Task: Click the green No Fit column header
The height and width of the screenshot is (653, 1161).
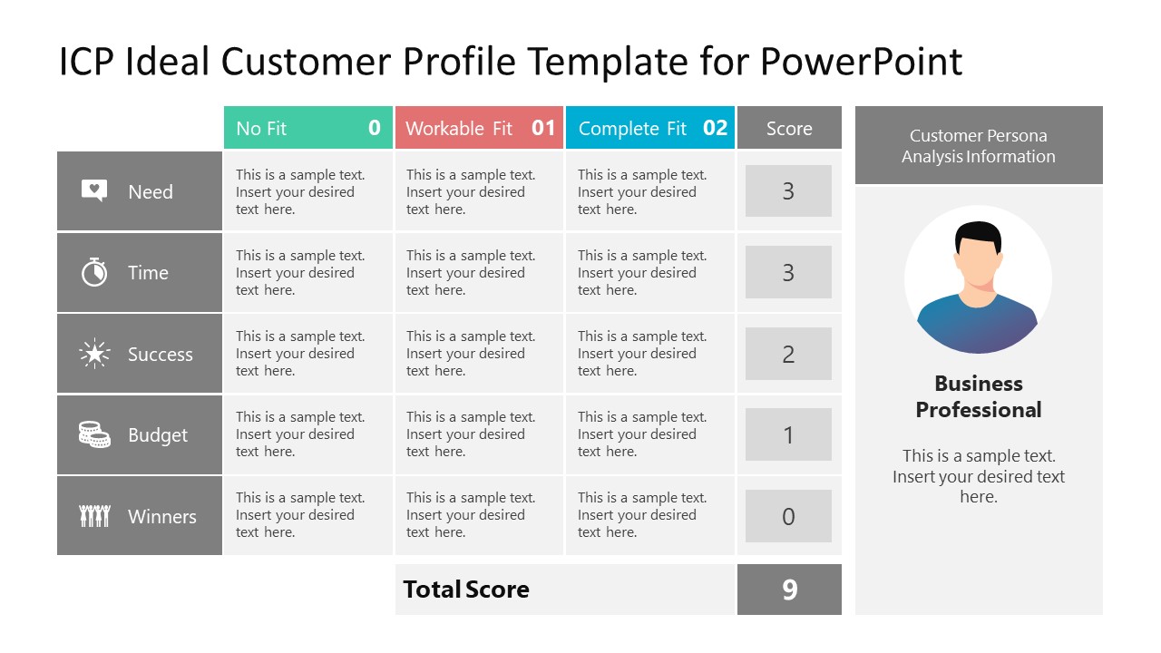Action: (307, 128)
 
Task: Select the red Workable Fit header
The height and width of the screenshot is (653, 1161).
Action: (479, 128)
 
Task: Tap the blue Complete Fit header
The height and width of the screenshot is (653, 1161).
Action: (650, 128)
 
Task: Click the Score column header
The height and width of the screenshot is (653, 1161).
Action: (789, 128)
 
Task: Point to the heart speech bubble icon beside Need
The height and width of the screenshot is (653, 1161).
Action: (94, 190)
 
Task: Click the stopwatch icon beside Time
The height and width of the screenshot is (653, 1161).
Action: (94, 272)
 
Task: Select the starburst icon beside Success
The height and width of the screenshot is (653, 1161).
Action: (94, 354)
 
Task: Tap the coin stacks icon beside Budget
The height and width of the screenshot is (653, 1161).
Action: (94, 434)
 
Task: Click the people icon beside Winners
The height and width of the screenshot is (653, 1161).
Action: (94, 516)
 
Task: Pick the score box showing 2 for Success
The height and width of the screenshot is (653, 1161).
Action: (788, 354)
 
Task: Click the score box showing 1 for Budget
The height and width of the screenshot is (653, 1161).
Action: (788, 434)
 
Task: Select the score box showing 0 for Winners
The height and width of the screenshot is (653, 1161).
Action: (788, 516)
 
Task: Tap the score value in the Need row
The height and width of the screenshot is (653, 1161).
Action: (788, 190)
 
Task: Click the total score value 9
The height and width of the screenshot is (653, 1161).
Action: (789, 590)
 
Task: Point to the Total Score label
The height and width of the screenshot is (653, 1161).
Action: (466, 590)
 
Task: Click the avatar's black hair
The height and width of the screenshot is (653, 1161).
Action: (978, 237)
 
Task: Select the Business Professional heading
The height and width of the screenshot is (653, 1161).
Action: (979, 396)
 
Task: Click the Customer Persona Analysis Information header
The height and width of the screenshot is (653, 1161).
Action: (979, 145)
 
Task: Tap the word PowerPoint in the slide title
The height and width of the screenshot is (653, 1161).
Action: (862, 62)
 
